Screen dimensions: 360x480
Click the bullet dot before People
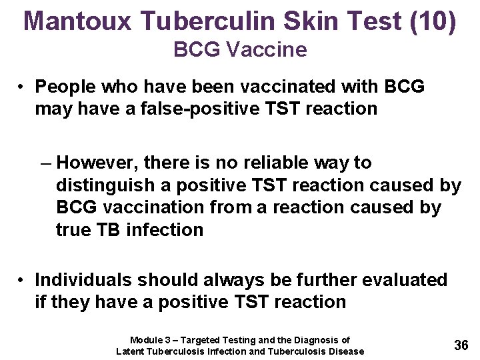tap(23, 87)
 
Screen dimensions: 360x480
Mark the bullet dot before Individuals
tap(23, 280)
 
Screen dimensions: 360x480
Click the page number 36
tap(461, 345)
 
